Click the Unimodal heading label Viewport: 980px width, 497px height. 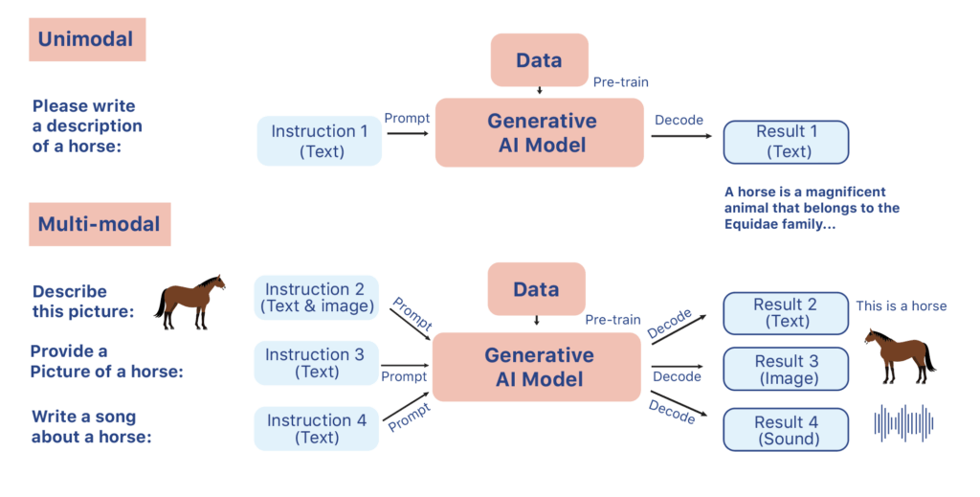86,39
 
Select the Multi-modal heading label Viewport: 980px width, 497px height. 99,224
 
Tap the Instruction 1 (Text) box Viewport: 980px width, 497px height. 320,141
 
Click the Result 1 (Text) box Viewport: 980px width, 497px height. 786,141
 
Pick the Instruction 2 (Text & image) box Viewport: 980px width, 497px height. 316,298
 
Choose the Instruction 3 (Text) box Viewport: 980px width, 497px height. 316,363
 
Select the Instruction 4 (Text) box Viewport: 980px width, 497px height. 316,428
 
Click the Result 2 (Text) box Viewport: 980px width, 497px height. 786,313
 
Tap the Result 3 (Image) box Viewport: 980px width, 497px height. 786,369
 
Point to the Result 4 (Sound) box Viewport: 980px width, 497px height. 786,430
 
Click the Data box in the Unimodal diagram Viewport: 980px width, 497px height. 538,60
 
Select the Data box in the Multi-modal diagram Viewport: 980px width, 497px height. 536,289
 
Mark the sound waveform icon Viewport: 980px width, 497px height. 904,422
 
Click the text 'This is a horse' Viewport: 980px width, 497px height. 901,305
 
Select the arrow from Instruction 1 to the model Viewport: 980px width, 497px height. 407,135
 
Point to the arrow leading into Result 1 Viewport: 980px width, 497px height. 680,136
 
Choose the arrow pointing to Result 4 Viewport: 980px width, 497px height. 680,405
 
